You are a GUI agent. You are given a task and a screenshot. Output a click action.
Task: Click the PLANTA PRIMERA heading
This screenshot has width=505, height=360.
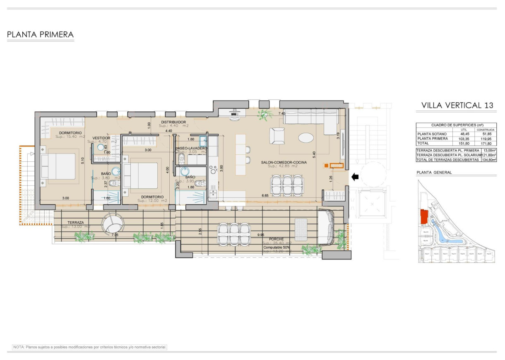tap(40, 35)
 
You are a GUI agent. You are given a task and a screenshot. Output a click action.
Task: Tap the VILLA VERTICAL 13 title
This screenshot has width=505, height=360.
tap(457, 106)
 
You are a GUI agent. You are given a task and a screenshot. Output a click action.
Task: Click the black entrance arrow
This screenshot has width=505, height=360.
tap(355, 177)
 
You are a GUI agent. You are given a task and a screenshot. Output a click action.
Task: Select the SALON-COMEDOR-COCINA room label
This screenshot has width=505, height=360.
tap(284, 163)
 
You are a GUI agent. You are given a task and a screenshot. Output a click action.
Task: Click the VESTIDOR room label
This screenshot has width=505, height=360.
tap(101, 138)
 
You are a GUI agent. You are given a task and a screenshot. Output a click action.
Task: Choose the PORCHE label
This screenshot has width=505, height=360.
tap(276, 239)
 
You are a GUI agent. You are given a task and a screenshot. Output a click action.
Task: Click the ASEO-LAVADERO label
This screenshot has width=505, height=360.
tap(191, 148)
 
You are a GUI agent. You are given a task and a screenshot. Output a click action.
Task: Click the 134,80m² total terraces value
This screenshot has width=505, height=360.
tap(489, 159)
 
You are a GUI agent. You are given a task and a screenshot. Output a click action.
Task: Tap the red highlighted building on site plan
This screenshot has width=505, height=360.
tap(424, 217)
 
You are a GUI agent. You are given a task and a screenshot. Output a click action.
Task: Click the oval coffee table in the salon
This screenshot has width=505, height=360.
tap(307, 137)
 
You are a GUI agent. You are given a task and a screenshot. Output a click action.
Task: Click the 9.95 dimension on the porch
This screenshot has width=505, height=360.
tap(261, 235)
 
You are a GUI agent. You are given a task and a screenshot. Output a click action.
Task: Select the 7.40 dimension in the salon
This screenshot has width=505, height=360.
tap(282, 113)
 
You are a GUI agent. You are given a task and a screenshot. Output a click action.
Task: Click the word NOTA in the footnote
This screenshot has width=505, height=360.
tap(19, 347)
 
